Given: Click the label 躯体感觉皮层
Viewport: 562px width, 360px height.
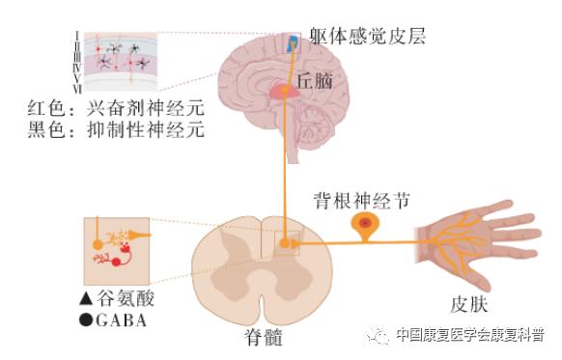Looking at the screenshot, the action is (x=367, y=36).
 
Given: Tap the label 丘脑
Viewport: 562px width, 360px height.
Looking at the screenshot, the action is (x=315, y=80).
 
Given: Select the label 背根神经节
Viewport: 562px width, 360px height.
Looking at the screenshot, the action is (x=362, y=201).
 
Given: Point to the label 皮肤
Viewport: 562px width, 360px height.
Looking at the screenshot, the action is (x=468, y=305).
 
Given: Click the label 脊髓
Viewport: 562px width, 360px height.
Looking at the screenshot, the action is (x=264, y=338).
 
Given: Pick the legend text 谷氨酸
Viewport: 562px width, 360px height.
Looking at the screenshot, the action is (x=126, y=298).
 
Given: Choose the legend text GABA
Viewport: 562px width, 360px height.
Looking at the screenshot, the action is (x=121, y=320).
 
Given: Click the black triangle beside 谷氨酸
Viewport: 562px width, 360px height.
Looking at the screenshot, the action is (x=86, y=298).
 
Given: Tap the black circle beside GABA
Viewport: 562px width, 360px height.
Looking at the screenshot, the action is (x=86, y=319).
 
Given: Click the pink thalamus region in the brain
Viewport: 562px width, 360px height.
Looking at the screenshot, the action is (x=285, y=92).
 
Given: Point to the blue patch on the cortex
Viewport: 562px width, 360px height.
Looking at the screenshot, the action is (x=294, y=42).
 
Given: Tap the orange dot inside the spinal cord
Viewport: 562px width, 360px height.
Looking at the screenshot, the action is (x=285, y=243).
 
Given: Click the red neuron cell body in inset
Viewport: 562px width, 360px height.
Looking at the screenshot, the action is (x=116, y=263).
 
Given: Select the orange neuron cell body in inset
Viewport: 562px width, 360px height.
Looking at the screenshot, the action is (x=98, y=244).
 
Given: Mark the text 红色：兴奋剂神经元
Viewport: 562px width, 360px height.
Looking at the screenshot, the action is (x=116, y=108).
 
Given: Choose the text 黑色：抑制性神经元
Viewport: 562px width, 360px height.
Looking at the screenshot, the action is (x=116, y=129).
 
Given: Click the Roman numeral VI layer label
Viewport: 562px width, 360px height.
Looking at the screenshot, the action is (x=77, y=89).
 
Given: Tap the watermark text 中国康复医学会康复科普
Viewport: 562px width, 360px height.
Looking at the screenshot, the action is (x=470, y=335).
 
